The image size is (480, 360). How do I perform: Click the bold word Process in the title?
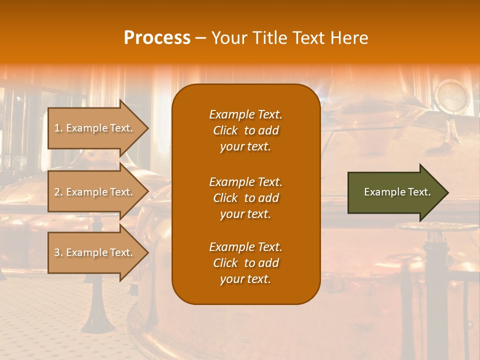157,38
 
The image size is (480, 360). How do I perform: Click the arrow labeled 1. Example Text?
95,128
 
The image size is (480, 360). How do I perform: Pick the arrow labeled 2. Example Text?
95,192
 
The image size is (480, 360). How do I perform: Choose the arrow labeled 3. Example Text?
95,252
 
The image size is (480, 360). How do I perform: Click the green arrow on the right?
395,192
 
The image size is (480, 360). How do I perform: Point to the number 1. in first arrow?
58,128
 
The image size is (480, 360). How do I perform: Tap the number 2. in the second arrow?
58,192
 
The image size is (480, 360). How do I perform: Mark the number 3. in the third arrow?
58,252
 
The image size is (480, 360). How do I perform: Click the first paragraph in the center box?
245,130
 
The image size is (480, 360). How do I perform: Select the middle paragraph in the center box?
245,198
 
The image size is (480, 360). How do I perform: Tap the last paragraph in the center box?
245,263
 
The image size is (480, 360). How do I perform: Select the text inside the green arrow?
397,192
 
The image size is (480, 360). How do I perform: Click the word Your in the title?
227,38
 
